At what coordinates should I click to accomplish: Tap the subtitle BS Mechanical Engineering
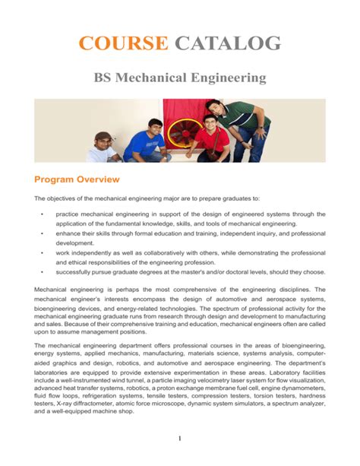click(x=179, y=78)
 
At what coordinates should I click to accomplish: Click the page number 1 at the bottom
click(x=180, y=439)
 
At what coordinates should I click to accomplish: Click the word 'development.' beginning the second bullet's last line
click(x=73, y=243)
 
